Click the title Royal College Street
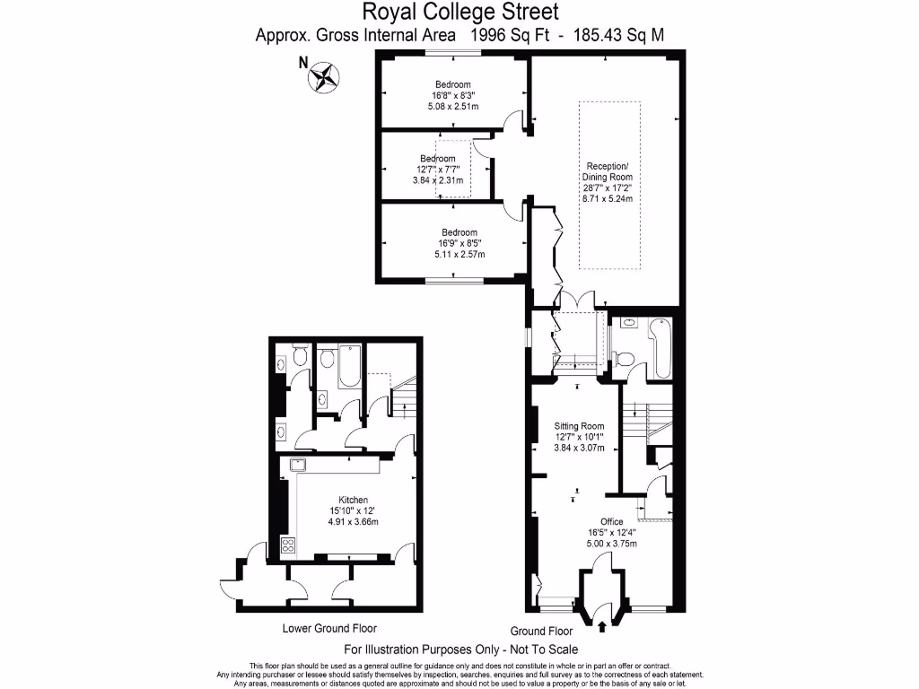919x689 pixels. [x=460, y=12]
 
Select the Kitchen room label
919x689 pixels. [x=353, y=500]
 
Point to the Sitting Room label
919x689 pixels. [x=579, y=426]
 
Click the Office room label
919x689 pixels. [x=612, y=521]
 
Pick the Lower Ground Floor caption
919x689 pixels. [x=329, y=628]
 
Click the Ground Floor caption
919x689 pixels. [x=541, y=631]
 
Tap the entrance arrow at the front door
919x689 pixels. [x=600, y=626]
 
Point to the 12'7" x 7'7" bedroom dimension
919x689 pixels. [x=437, y=170]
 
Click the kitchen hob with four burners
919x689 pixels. [x=289, y=545]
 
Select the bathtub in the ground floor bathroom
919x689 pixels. [x=661, y=350]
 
